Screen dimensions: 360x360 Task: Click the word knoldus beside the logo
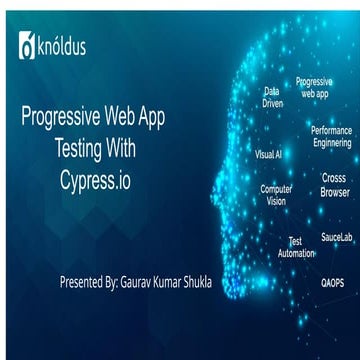click(x=64, y=46)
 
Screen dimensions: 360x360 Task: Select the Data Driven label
click(x=271, y=96)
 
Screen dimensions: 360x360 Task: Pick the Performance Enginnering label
click(x=330, y=137)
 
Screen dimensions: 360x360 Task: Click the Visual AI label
click(x=269, y=155)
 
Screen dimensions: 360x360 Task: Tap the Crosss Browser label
click(x=334, y=184)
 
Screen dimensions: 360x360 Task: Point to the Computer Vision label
click(x=276, y=194)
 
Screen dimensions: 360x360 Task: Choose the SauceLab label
click(x=336, y=210)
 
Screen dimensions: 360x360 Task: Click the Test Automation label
click(x=295, y=247)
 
